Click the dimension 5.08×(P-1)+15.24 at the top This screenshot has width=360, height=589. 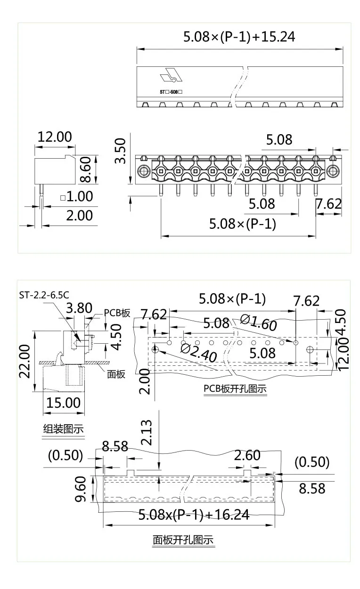pos(239,37)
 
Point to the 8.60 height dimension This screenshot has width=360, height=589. pos(85,170)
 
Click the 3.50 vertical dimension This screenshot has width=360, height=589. pos(121,151)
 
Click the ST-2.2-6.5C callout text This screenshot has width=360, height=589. pos(44,295)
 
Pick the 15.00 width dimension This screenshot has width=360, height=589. pos(64,403)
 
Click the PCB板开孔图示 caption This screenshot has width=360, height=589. pos(235,389)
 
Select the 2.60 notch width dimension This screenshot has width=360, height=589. pos(247,455)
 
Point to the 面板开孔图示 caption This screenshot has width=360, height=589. pos(183,540)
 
